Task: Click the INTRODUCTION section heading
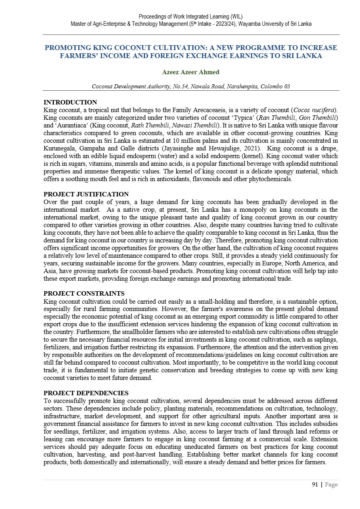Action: click(70, 102)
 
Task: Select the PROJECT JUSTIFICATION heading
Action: click(86, 194)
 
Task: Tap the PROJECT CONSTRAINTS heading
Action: click(84, 293)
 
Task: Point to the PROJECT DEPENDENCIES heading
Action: click(86, 393)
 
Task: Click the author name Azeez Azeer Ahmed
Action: click(190, 72)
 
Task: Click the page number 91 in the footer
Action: click(315, 484)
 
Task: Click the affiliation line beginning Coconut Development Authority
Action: click(191, 86)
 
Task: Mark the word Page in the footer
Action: click(331, 484)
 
